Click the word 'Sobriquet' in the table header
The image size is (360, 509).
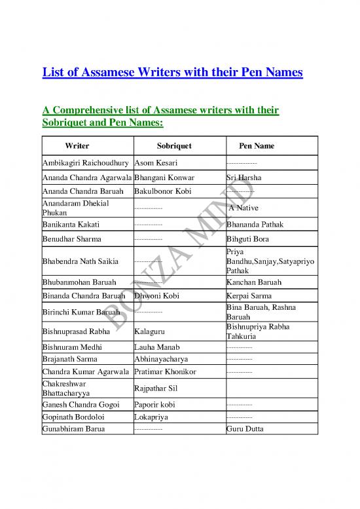tap(174, 145)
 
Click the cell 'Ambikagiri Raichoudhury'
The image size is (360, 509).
tap(86, 162)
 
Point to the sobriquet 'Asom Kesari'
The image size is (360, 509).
tap(155, 162)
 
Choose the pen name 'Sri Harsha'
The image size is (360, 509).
tap(242, 178)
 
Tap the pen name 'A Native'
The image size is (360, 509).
tap(245, 208)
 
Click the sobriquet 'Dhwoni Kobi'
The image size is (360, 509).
tap(156, 295)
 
